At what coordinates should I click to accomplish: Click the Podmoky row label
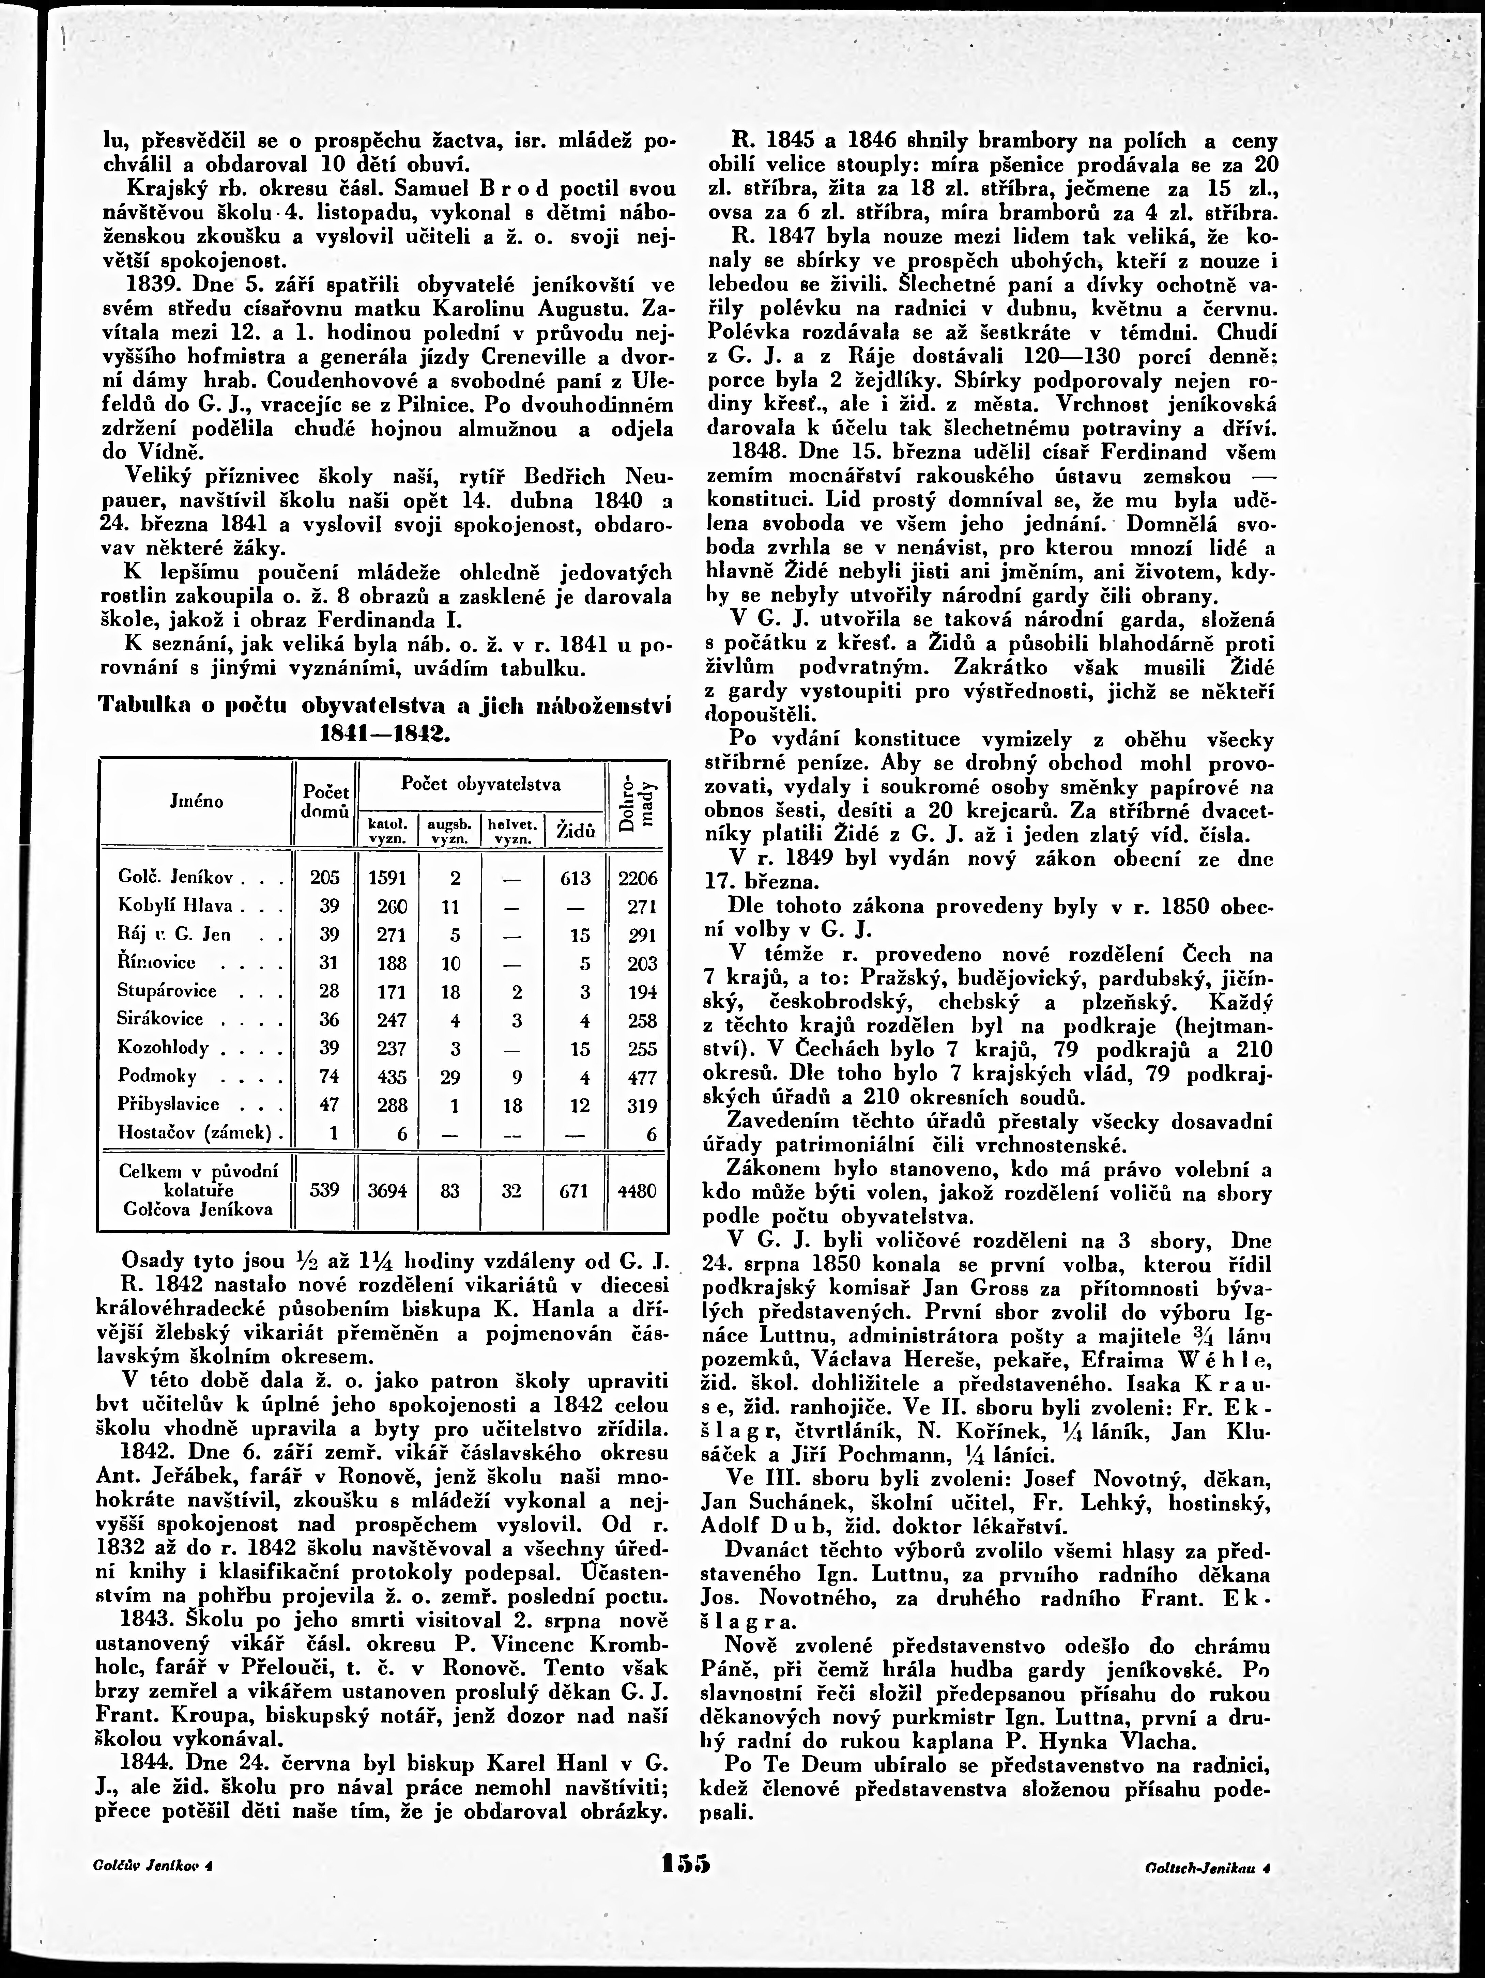pos(156,1076)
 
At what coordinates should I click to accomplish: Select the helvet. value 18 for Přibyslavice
pos(512,1105)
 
